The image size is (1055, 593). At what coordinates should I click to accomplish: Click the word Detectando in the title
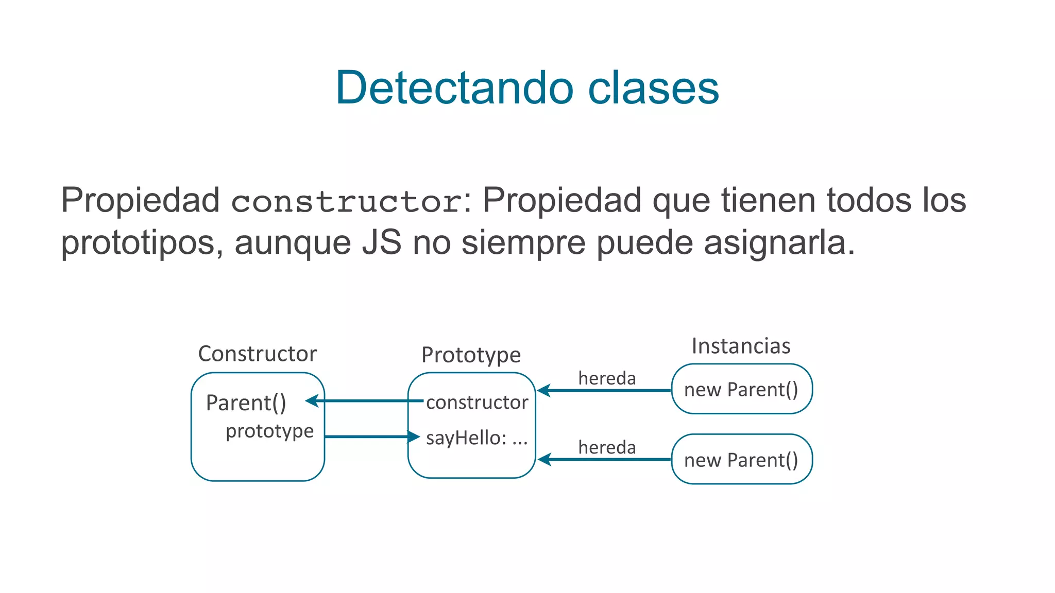pos(454,88)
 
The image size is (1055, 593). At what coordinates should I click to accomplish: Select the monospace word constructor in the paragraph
pos(346,201)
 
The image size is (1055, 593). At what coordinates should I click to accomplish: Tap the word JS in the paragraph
pos(381,242)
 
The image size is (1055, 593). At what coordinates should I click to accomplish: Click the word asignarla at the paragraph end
pos(778,242)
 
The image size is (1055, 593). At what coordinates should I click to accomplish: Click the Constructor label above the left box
pos(257,354)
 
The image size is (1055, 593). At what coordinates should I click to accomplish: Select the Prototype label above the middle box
pos(471,355)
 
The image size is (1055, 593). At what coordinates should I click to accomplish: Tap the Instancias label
pos(740,346)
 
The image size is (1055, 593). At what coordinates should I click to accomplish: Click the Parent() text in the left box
pos(246,403)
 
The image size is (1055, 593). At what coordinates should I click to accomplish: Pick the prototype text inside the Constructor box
pos(269,431)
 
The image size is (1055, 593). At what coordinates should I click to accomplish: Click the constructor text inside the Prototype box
pos(477,403)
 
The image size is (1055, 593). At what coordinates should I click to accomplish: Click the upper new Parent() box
pos(741,390)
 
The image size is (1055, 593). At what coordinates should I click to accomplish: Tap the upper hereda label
pos(607,378)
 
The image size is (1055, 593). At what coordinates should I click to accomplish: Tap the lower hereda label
pos(607,447)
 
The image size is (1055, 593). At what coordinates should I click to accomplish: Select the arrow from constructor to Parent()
pos(366,400)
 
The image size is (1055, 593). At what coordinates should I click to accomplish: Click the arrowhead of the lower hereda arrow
pos(544,459)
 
